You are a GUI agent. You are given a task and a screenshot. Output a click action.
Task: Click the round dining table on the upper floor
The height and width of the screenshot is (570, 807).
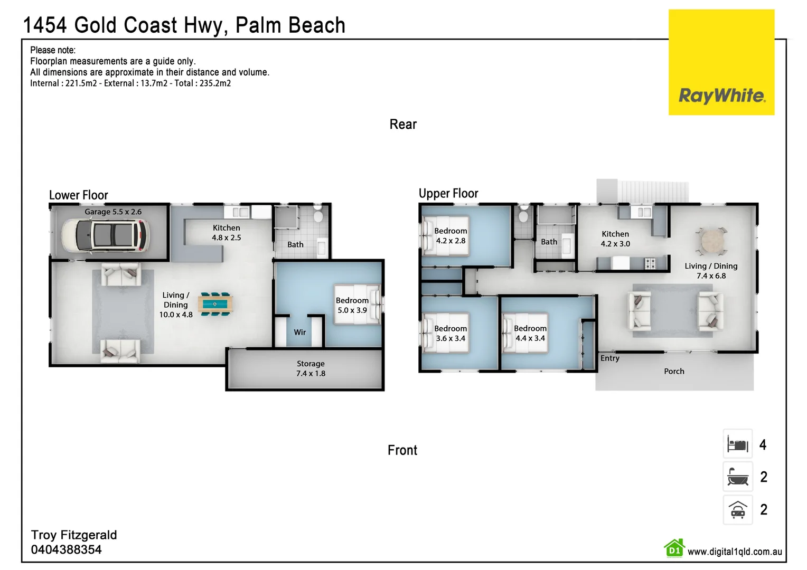click(711, 242)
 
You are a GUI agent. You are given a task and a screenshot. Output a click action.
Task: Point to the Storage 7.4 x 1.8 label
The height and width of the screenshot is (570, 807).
click(311, 368)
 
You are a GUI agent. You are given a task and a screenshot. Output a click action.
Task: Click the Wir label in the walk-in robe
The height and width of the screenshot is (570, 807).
click(300, 332)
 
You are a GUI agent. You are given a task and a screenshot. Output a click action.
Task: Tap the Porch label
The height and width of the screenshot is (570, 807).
click(674, 371)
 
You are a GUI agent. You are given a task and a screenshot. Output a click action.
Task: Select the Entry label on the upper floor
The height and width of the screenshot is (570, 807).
click(609, 358)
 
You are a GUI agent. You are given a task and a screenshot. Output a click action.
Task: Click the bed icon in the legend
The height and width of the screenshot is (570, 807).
click(737, 444)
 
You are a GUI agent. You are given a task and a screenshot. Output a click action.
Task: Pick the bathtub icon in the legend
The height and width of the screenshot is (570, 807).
click(737, 477)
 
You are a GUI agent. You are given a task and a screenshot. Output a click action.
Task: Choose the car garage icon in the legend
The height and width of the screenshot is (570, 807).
click(737, 509)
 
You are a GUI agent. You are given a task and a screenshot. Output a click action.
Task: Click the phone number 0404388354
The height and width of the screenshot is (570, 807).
click(66, 549)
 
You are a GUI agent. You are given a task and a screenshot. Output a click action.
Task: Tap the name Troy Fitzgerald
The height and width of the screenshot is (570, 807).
click(74, 535)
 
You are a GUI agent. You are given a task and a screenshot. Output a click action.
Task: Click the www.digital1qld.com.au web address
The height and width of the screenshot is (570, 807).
click(734, 552)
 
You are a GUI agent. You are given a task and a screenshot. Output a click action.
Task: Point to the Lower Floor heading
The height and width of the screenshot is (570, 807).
click(78, 195)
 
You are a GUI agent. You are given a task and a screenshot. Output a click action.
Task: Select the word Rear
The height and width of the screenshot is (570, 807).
click(403, 124)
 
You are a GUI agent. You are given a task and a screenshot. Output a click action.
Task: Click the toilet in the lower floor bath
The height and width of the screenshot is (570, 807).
click(318, 216)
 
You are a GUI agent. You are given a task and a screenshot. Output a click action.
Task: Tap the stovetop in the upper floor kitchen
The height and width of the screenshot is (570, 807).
click(650, 263)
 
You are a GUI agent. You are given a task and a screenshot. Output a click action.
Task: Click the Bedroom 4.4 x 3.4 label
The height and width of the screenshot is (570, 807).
click(530, 333)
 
